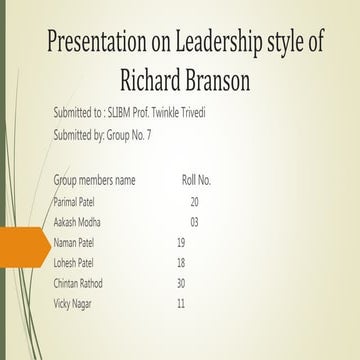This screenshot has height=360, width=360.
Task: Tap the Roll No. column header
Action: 196,181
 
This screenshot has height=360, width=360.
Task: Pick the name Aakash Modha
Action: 78,221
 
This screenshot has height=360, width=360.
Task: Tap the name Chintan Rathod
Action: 79,283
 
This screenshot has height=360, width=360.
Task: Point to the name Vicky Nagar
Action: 73,303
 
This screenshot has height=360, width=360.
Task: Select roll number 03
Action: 194,221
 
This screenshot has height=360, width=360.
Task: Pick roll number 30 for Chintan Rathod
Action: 181,283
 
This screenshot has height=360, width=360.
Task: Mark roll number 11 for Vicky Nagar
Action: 181,303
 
